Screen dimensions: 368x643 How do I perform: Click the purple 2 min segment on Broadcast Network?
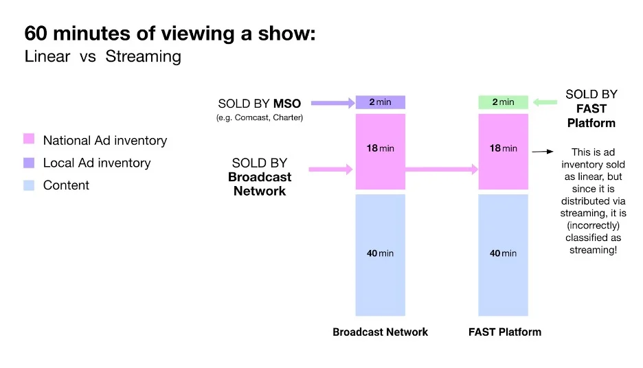point(380,102)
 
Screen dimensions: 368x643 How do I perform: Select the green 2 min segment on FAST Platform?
point(504,102)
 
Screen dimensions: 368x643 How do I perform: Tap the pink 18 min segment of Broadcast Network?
point(380,151)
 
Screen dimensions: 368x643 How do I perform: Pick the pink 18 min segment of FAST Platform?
point(504,151)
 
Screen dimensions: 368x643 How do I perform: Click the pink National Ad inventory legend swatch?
point(29,140)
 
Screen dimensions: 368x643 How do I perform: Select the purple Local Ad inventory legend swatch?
point(29,163)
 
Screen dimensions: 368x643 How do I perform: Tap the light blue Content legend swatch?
point(29,185)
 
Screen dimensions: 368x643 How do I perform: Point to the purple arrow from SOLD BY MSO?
point(332,104)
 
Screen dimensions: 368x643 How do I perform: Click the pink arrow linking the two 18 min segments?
point(439,169)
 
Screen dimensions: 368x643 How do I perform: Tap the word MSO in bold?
point(287,104)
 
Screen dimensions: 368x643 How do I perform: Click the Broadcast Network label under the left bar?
point(380,332)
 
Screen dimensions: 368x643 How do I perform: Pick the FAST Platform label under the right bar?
point(504,332)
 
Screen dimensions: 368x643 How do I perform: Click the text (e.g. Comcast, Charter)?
point(260,117)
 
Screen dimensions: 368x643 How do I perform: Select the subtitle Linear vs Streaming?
point(103,57)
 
